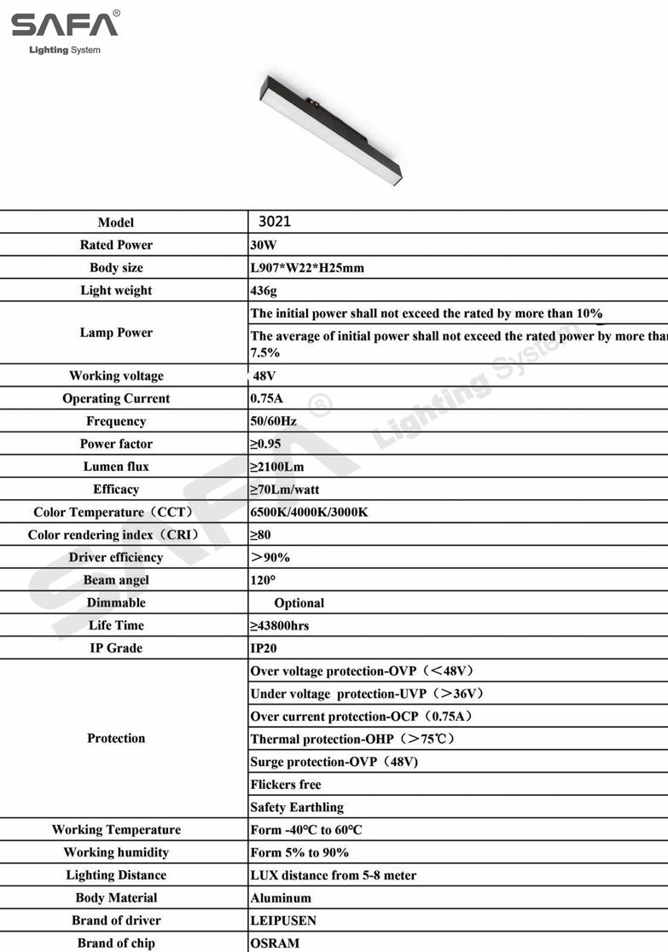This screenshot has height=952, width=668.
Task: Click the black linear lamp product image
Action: (x=330, y=130)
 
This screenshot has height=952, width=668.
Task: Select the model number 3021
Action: (x=275, y=222)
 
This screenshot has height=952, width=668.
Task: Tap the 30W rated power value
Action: (x=264, y=245)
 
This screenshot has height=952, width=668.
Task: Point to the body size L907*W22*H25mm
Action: (x=307, y=268)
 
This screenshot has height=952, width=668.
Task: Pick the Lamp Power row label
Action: (x=116, y=333)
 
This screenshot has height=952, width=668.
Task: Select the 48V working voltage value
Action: (x=264, y=376)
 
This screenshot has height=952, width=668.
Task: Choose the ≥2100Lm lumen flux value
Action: (x=276, y=467)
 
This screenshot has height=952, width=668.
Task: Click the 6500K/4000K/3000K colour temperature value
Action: (x=309, y=513)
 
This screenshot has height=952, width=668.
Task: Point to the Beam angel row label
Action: (x=116, y=580)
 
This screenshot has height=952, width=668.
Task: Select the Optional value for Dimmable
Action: (x=299, y=603)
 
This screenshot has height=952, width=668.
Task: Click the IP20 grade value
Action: (x=264, y=648)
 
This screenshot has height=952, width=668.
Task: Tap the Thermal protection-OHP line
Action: (x=351, y=739)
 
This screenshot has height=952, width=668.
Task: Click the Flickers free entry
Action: (x=286, y=785)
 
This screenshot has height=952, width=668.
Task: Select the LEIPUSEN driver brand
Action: (x=283, y=920)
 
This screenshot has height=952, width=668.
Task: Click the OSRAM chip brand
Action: (x=275, y=943)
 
